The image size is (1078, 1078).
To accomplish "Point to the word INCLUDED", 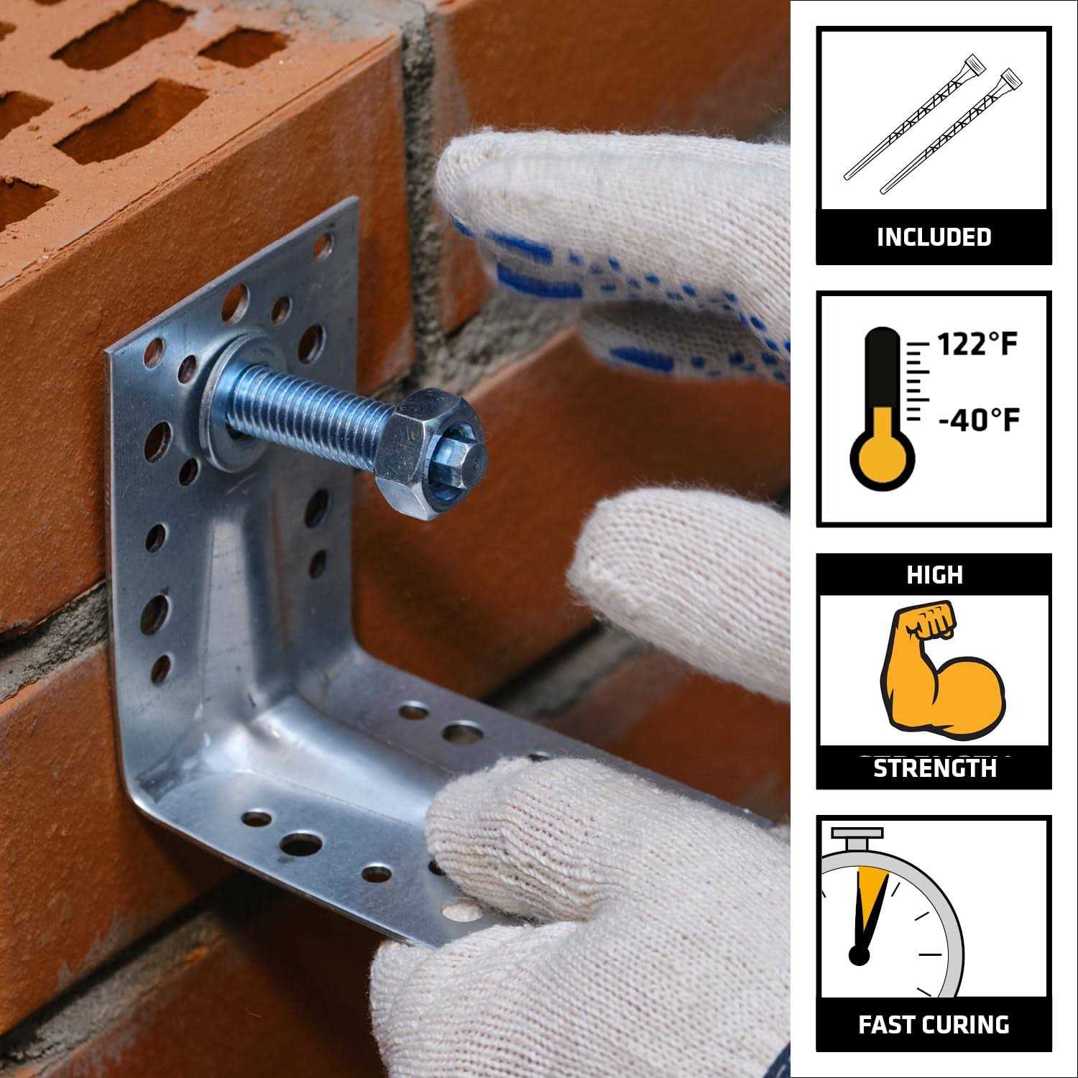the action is point(934,237).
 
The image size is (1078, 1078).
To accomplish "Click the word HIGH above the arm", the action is point(934,575).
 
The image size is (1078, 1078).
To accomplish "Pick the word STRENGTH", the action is point(934,769).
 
